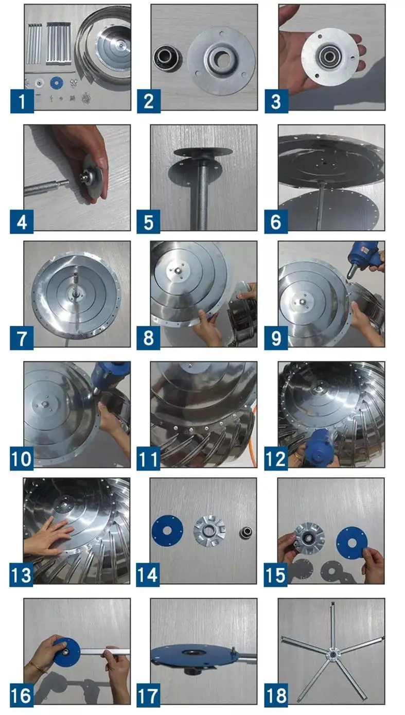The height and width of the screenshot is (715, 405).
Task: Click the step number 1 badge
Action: (x=22, y=101)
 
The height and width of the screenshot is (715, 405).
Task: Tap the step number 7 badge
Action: (x=22, y=338)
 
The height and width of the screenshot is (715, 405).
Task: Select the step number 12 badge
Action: (x=276, y=458)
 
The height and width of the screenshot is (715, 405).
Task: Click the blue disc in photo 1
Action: (x=57, y=83)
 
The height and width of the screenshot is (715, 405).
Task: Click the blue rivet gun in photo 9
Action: (x=363, y=257)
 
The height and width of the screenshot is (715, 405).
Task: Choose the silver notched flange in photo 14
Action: (x=209, y=531)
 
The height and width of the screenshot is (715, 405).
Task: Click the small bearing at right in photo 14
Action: (x=246, y=532)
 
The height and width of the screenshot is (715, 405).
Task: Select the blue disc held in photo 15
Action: (x=351, y=543)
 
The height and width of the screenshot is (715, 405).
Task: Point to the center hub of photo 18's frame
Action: (x=332, y=654)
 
